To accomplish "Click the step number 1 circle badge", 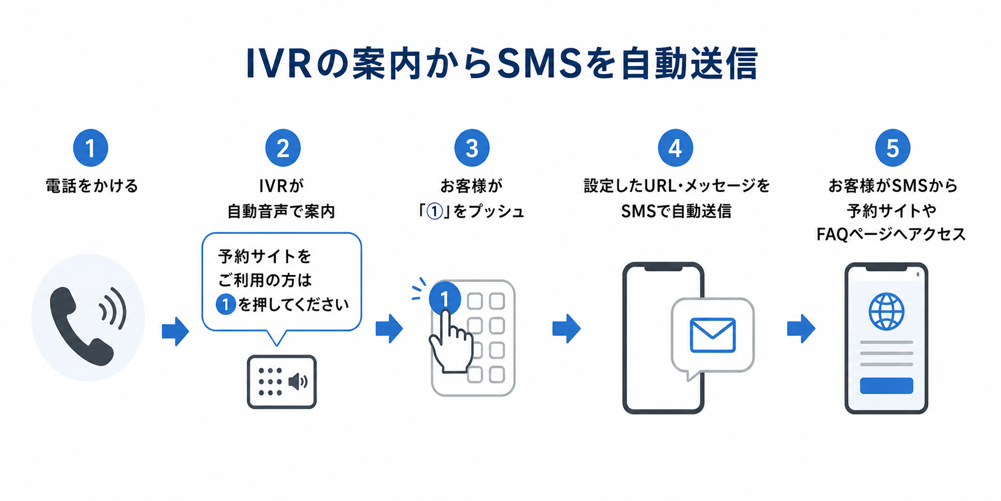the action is point(90,148).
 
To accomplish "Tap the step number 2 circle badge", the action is point(283,148).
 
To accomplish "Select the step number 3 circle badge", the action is point(472,148).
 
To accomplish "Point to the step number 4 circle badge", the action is point(675,148).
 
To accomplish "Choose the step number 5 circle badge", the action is point(893,148).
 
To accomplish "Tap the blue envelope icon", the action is point(713,335).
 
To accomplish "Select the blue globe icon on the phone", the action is point(886,311).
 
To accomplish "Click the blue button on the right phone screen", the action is point(886,386).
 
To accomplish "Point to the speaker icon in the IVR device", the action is point(298,382).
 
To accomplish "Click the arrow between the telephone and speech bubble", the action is point(175,331).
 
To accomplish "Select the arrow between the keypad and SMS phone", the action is point(567,329).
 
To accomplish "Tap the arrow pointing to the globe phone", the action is point(801,329).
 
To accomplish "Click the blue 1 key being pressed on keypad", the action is point(445,299).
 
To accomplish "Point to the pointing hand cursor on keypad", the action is point(451,342).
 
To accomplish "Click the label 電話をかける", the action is point(91,186).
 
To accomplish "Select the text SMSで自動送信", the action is point(676,211).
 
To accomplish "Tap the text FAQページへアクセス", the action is point(892,234).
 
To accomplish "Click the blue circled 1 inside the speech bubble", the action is point(226,305).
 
